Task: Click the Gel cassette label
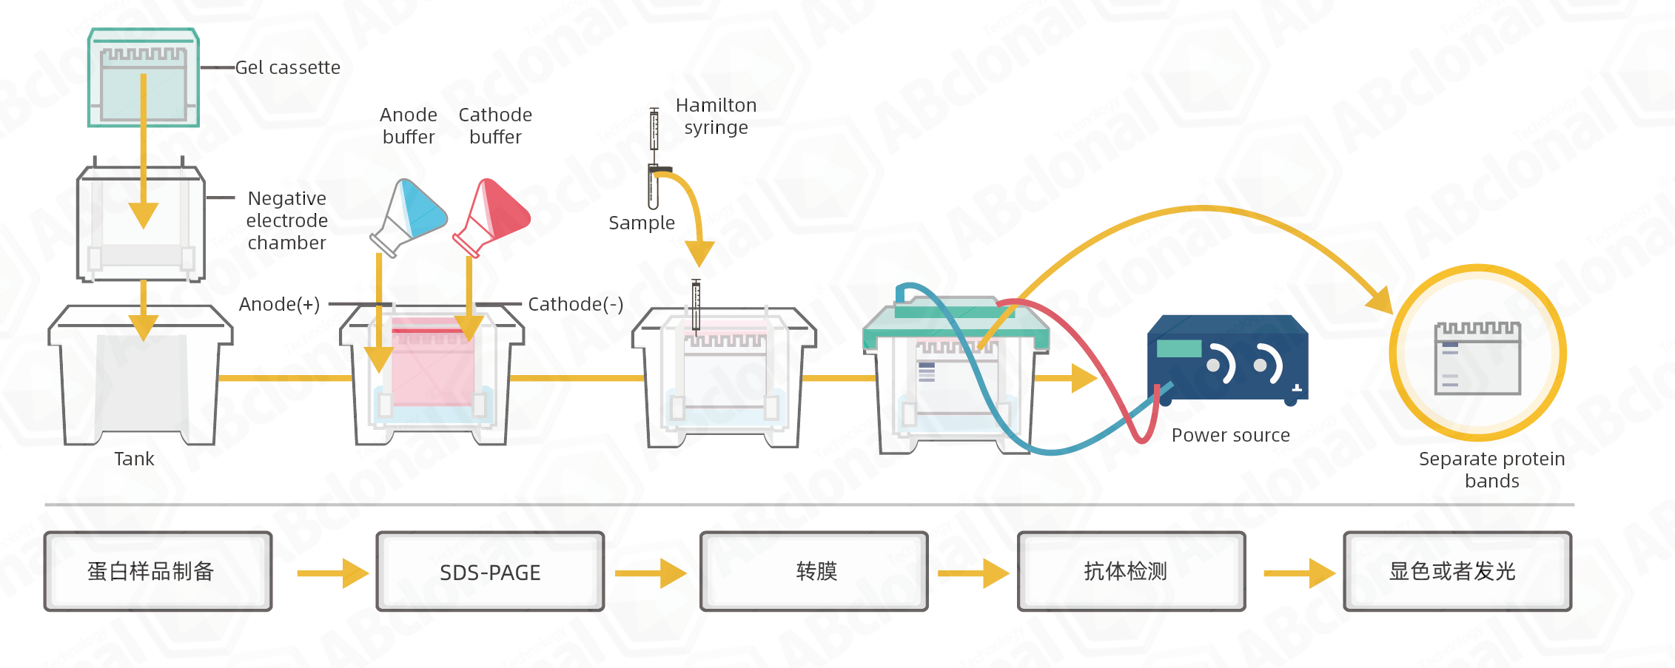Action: pos(288,67)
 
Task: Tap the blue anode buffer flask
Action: pos(409,217)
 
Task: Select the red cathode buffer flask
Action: pos(492,217)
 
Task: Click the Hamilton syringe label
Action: pos(716,116)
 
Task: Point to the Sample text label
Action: pos(642,223)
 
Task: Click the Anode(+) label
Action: pos(280,304)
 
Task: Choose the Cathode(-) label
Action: pos(576,304)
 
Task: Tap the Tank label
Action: pos(134,459)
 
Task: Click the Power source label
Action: pos(1231,435)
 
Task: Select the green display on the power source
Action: pos(1179,348)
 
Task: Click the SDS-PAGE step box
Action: pos(490,571)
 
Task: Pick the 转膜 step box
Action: pos(814,571)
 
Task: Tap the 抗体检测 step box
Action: pos(1132,571)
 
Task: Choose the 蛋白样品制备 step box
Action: pos(158,571)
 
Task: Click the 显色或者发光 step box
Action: pos(1457,571)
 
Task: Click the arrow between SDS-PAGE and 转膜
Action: pos(651,573)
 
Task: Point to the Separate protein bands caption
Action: pos(1492,470)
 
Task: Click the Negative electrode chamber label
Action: pos(287,220)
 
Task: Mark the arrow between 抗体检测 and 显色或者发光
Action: pos(1299,573)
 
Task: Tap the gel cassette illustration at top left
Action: pos(144,78)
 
